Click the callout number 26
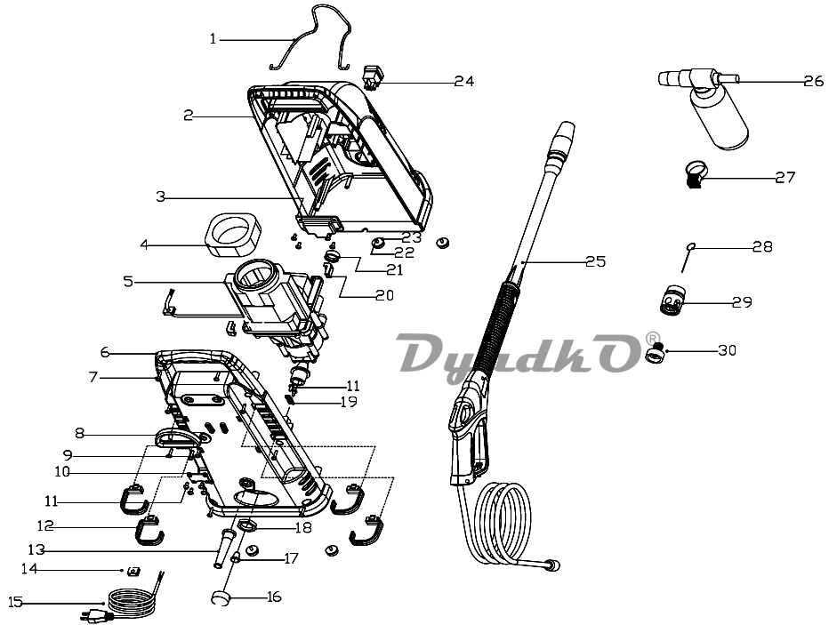pyautogui.click(x=814, y=81)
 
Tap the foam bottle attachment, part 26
pyautogui.click(x=704, y=106)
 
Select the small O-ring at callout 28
pyautogui.click(x=691, y=246)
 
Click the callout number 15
pyautogui.click(x=15, y=603)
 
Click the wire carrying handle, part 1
pyautogui.click(x=310, y=36)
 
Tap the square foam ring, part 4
pyautogui.click(x=233, y=235)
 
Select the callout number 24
pyautogui.click(x=464, y=81)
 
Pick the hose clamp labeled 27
pyautogui.click(x=695, y=176)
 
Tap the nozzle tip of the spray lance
pyautogui.click(x=566, y=132)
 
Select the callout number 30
pyautogui.click(x=727, y=350)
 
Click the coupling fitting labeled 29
pyautogui.click(x=670, y=302)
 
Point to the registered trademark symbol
pyautogui.click(x=652, y=339)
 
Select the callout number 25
pyautogui.click(x=596, y=261)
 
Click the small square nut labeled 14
pyautogui.click(x=132, y=573)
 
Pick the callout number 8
pyautogui.click(x=79, y=433)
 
